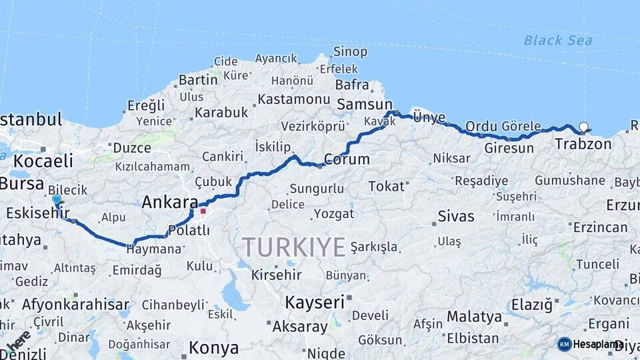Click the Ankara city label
click(170, 202)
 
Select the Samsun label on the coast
click(365, 105)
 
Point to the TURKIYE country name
click(294, 247)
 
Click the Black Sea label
click(557, 40)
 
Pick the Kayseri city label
click(315, 302)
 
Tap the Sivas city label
click(456, 216)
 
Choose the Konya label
click(213, 347)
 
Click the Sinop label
click(350, 51)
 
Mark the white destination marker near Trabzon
click(584, 127)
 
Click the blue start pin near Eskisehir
click(57, 199)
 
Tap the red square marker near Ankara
click(203, 211)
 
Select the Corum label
click(347, 159)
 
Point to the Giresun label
click(509, 148)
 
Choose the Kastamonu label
click(294, 99)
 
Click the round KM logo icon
click(564, 344)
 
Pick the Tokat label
click(387, 186)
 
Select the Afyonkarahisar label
click(75, 305)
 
